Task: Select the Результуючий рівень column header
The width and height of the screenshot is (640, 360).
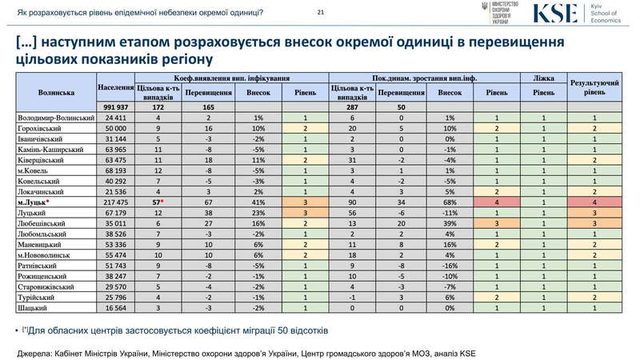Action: pyautogui.click(x=594, y=88)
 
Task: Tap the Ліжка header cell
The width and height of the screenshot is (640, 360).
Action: pyautogui.click(x=543, y=78)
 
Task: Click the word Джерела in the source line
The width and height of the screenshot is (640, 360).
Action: pyautogui.click(x=34, y=351)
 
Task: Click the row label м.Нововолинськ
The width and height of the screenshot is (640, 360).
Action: pyautogui.click(x=47, y=254)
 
